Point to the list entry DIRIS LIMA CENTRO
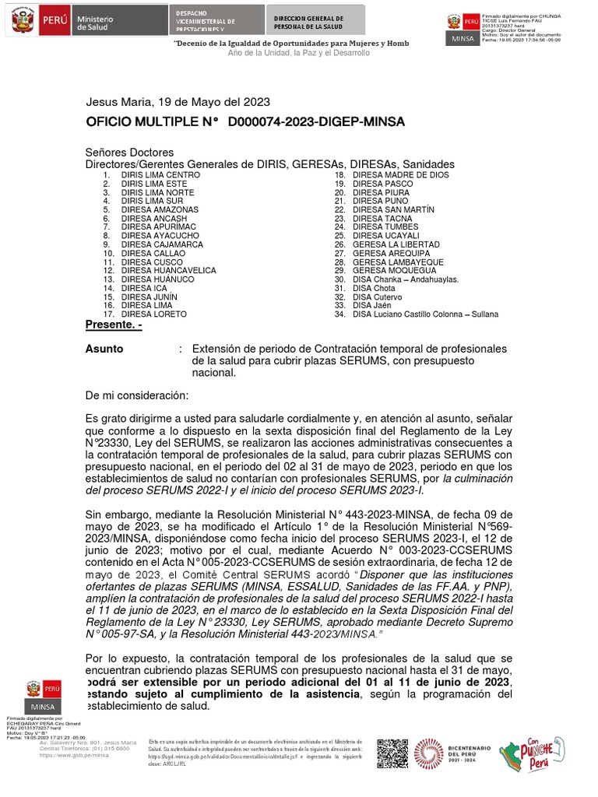click(x=160, y=175)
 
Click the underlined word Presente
click(x=113, y=325)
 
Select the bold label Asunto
click(x=104, y=349)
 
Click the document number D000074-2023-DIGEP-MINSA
click(x=316, y=123)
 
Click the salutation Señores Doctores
click(x=129, y=153)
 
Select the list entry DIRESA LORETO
click(x=153, y=314)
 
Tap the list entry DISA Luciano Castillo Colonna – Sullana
click(x=425, y=314)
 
